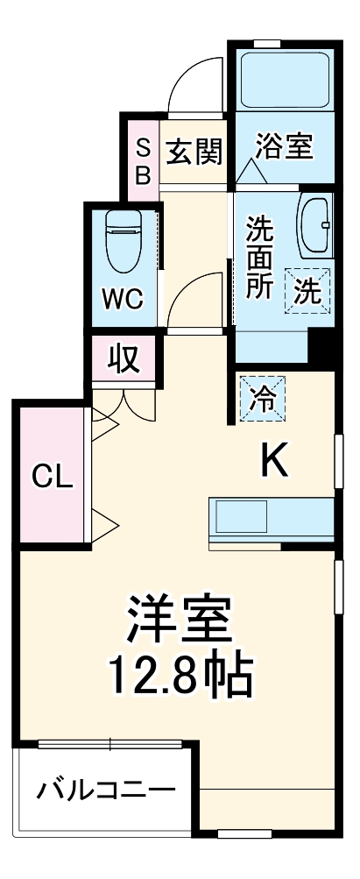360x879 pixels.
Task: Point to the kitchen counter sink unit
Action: click(272, 521)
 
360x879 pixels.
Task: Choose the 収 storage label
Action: click(124, 358)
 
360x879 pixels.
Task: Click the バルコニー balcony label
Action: click(104, 791)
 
